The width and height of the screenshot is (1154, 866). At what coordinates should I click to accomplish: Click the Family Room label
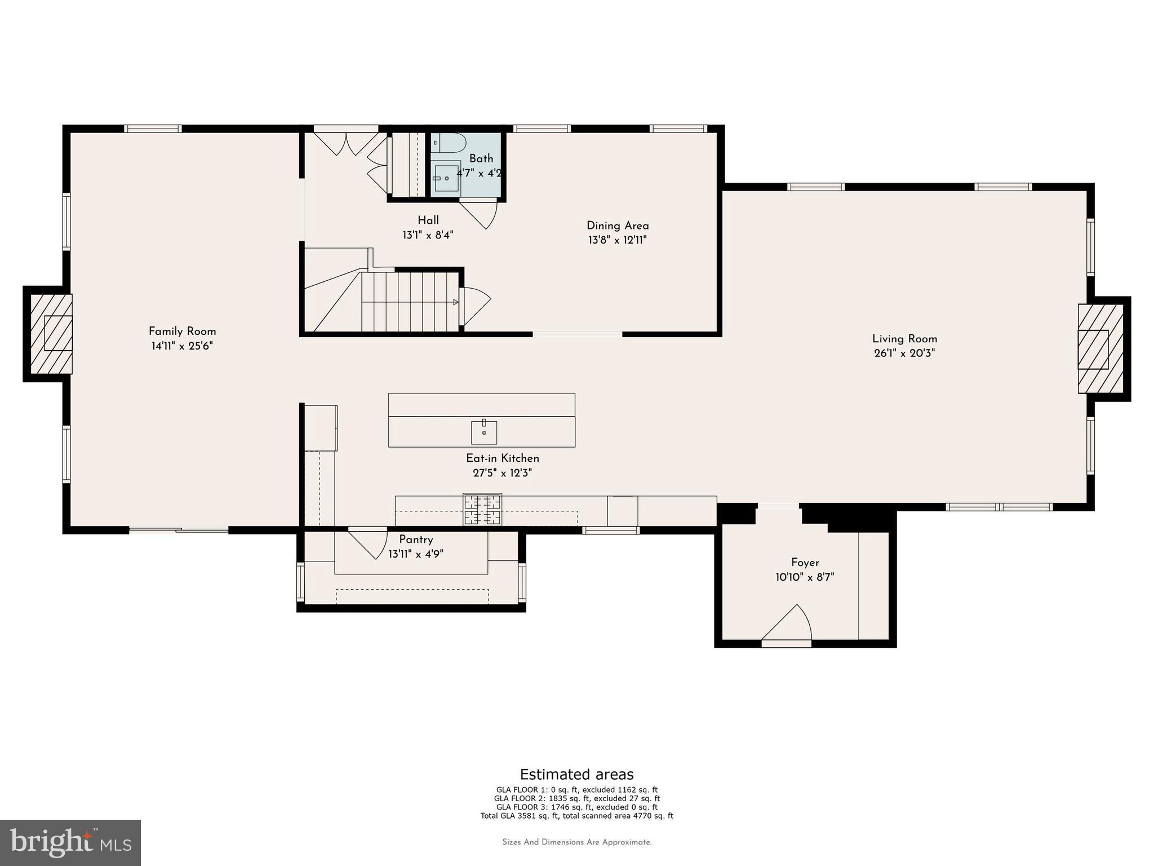[182, 332]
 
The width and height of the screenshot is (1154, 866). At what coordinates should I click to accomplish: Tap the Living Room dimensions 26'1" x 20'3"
[904, 354]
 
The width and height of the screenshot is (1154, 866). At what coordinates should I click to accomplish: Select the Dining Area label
[618, 226]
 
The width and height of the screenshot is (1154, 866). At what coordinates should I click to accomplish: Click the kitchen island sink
[484, 432]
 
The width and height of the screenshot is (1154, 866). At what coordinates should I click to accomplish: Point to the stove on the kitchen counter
[482, 510]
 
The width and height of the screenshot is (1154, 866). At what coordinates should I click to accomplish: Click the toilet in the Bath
[449, 143]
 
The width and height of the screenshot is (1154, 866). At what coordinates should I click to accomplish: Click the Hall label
[428, 220]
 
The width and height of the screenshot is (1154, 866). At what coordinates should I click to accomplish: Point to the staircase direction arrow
[455, 302]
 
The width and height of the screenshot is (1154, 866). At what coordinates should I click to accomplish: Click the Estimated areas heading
[576, 774]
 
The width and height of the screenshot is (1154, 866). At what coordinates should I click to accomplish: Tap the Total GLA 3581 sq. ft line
[576, 816]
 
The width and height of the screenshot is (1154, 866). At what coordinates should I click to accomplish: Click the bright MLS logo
[70, 842]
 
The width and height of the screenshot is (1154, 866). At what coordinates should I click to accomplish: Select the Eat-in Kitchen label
[502, 458]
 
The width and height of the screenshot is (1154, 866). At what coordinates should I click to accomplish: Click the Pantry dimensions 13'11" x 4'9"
[416, 554]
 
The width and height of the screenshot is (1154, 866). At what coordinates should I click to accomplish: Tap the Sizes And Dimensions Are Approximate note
[576, 842]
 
